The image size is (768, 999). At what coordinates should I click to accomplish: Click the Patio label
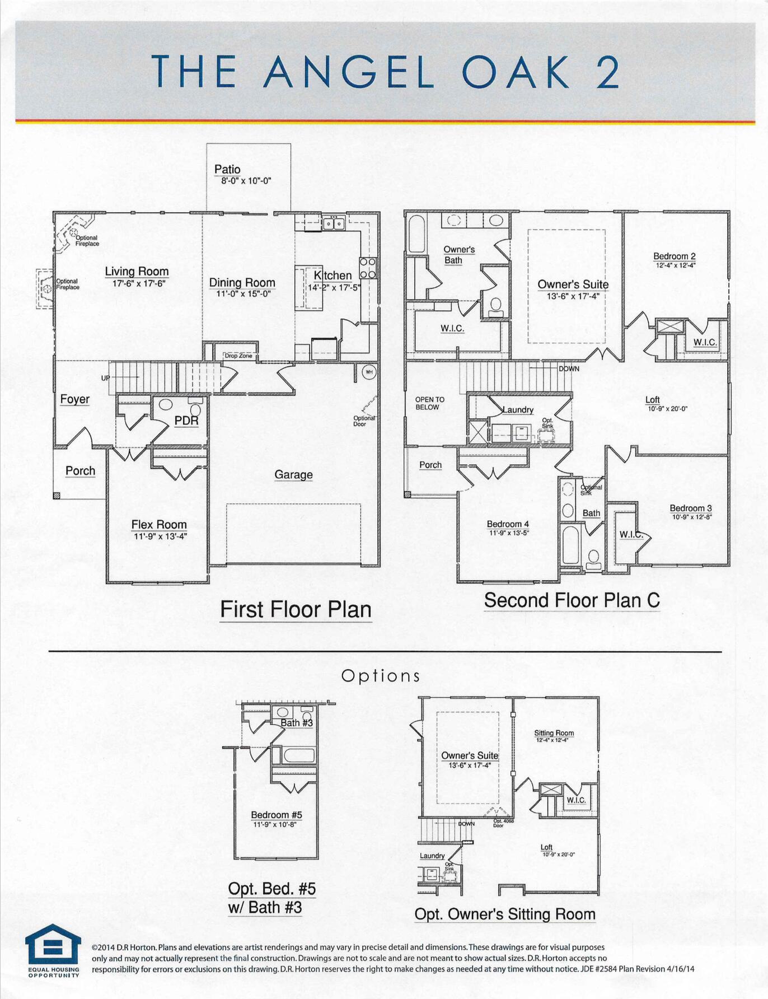227,169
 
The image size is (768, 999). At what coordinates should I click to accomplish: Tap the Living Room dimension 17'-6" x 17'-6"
139,284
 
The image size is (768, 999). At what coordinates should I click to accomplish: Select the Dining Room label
242,282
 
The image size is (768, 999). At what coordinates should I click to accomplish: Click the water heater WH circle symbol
369,372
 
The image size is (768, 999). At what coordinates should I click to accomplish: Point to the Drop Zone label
238,356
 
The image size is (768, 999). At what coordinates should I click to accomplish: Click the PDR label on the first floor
186,421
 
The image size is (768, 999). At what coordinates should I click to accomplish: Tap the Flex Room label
159,524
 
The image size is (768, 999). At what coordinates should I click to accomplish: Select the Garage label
293,474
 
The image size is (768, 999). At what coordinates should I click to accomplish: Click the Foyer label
75,399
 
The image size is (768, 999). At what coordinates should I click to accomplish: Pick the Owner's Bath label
459,254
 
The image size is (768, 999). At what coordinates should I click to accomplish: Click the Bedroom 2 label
675,256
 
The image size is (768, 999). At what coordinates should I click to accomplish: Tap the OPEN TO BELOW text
429,403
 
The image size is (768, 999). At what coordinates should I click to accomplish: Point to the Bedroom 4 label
508,524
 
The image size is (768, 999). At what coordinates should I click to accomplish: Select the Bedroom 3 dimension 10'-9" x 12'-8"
692,517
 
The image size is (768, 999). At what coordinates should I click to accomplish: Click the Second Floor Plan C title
572,600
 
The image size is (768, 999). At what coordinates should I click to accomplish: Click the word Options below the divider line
381,676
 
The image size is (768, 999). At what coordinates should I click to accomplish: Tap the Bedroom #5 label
276,815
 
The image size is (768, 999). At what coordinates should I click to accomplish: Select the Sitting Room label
554,732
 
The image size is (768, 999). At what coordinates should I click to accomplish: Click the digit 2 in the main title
607,72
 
